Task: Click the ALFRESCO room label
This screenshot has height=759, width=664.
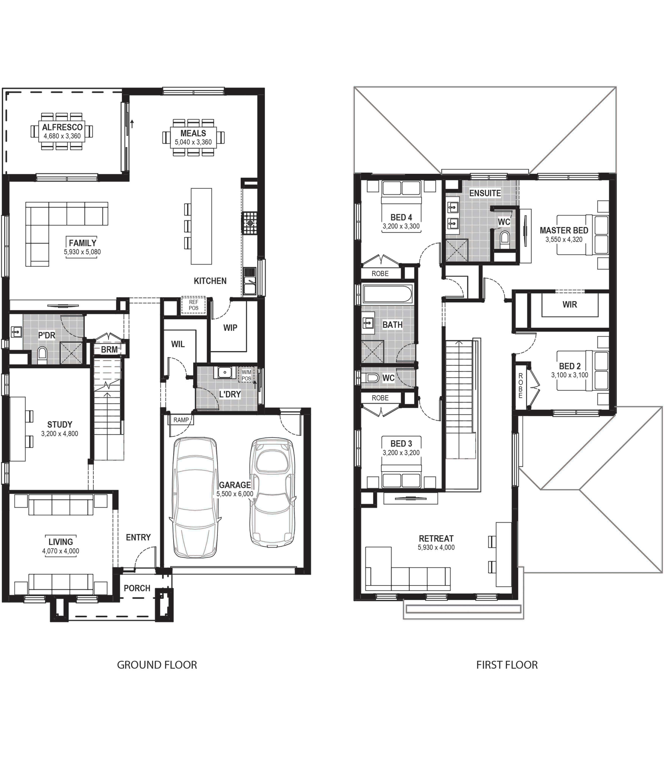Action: tap(62, 127)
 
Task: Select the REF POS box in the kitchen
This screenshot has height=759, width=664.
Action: tap(194, 305)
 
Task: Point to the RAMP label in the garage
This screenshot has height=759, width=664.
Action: tap(181, 420)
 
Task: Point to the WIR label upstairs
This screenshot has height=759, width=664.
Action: tap(570, 304)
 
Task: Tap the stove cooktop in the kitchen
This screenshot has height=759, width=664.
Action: tap(250, 223)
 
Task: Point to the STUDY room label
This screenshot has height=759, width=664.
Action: tap(60, 424)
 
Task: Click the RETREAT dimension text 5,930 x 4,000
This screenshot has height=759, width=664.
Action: tap(436, 547)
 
